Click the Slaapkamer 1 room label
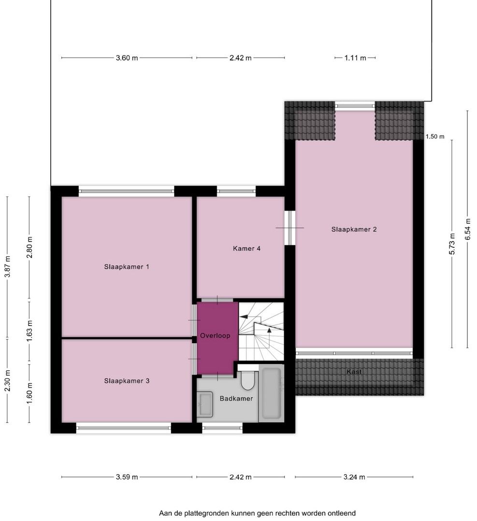click(x=127, y=266)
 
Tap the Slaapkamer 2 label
click(x=354, y=230)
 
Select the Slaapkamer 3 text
click(x=127, y=381)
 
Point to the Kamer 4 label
click(x=246, y=249)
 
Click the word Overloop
click(x=216, y=335)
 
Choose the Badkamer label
click(x=236, y=399)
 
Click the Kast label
click(x=354, y=372)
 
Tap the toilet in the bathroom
click(x=248, y=380)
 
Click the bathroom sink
click(x=206, y=404)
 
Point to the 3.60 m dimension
click(x=127, y=58)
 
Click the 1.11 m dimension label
click(x=355, y=58)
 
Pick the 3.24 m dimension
click(x=354, y=477)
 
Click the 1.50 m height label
click(x=435, y=137)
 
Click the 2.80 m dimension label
click(x=29, y=247)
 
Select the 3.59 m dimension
click(x=127, y=477)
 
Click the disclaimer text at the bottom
click(x=257, y=513)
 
